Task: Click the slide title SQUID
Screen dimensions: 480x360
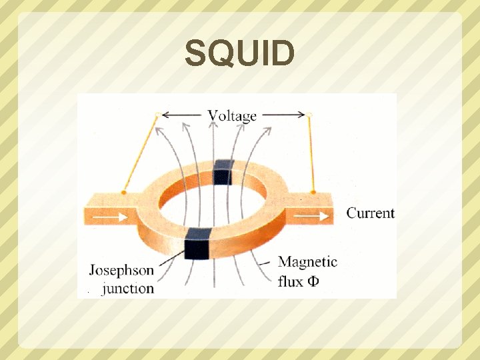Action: tap(239, 53)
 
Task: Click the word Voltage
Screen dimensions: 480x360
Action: tap(232, 115)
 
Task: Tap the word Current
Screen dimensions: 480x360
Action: tap(370, 213)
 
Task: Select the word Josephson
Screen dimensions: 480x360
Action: tap(121, 271)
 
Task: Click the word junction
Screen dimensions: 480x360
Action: tap(128, 288)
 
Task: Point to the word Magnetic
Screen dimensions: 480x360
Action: tap(307, 262)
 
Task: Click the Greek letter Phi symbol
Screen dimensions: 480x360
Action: tap(312, 281)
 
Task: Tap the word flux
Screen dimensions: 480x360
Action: tap(290, 281)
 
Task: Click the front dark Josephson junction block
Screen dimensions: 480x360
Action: tap(197, 242)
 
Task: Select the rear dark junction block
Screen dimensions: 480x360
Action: tap(222, 172)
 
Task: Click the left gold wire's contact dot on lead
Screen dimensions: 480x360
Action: tap(124, 193)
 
